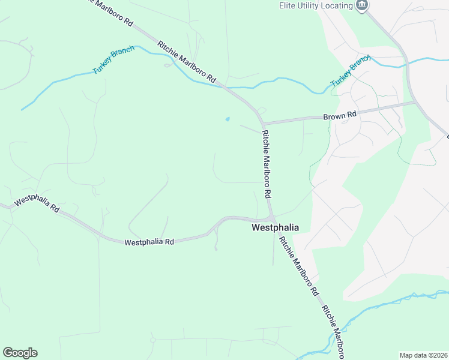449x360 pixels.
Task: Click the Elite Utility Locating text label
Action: point(315,5)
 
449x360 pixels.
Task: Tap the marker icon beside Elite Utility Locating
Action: point(361,6)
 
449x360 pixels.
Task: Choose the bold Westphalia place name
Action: point(275,227)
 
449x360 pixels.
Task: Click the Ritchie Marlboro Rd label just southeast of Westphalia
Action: point(298,266)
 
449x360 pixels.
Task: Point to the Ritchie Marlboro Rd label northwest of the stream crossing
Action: point(187,62)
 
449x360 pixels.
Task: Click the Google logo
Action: point(20,353)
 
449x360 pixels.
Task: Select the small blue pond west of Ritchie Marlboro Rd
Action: point(227,119)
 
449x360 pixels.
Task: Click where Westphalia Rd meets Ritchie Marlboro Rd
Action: point(271,218)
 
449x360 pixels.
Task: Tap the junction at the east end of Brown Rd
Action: point(415,102)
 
